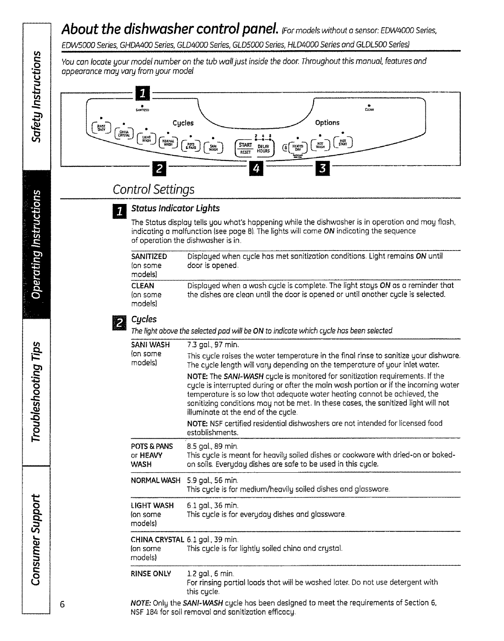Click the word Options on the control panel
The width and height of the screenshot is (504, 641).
pyautogui.click(x=327, y=123)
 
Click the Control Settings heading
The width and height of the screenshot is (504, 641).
pyautogui.click(x=154, y=189)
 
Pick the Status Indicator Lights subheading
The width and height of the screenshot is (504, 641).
pyautogui.click(x=175, y=208)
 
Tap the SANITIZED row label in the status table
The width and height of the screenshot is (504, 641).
pyautogui.click(x=149, y=257)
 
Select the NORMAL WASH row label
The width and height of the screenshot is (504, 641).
pyautogui.click(x=156, y=480)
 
